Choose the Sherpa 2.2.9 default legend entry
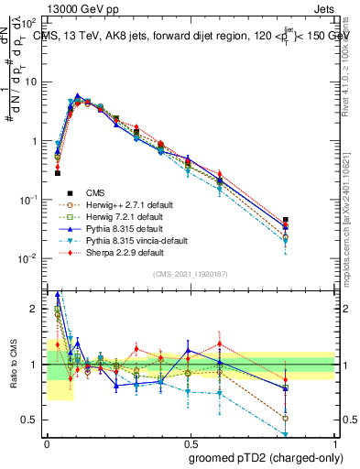125,252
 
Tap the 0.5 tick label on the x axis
190,442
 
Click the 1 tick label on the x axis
334,442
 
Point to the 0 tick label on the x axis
47,442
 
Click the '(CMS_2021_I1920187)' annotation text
190,273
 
